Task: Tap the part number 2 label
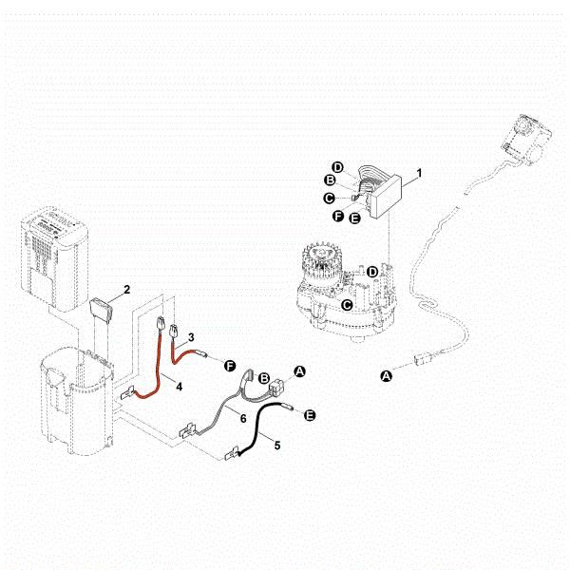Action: pos(126,287)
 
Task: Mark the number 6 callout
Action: pos(243,418)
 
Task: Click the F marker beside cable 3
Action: pos(228,366)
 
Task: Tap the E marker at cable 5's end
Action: pos(310,415)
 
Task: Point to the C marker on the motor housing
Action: pos(348,305)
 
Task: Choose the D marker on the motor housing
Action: pos(372,272)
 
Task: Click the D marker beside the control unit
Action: pos(337,167)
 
